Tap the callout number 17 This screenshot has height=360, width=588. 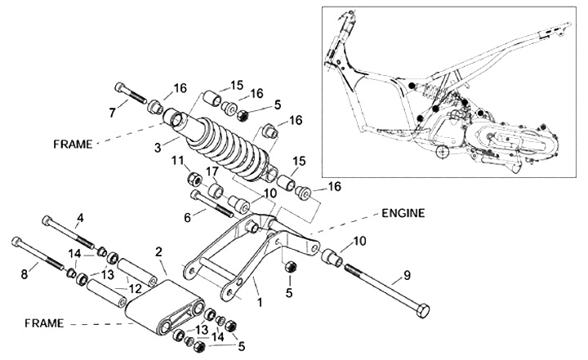pyautogui.click(x=212, y=172)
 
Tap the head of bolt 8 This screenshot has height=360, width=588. pyautogui.click(x=16, y=242)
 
